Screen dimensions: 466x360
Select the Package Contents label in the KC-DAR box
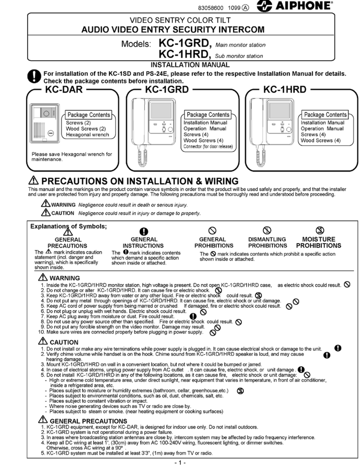pyautogui.click(x=89, y=115)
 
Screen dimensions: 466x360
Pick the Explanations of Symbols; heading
pyautogui.click(x=68, y=226)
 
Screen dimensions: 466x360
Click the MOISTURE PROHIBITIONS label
pyautogui.click(x=319, y=242)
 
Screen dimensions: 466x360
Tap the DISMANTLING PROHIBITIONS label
pyautogui.click(x=267, y=242)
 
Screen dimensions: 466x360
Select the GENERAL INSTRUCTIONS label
pyautogui.click(x=143, y=242)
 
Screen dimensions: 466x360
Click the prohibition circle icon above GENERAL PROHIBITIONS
pyautogui.click(x=213, y=230)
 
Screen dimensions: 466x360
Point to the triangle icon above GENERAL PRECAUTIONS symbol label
pyautogui.click(x=67, y=231)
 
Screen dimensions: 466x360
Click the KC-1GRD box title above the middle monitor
pyautogui.click(x=167, y=89)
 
